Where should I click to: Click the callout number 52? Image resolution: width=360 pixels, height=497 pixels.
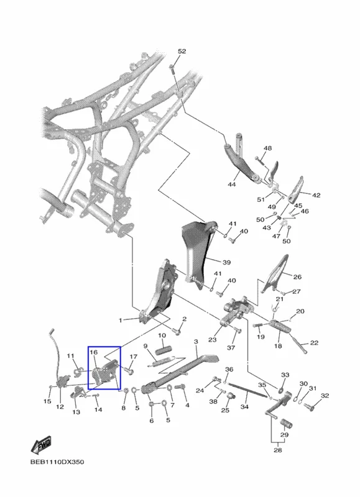pos(182,52)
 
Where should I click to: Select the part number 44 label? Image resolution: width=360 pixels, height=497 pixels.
pos(232,184)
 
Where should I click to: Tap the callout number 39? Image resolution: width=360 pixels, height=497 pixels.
pos(226,262)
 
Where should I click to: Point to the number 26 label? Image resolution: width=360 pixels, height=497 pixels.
pos(297,276)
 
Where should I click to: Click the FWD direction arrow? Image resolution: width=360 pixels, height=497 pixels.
pos(41,445)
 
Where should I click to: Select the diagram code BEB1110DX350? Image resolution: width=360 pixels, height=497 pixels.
pos(57,462)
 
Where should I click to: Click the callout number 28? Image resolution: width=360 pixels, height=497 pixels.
pos(277,450)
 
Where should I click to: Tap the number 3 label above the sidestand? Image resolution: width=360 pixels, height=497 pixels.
pos(196,342)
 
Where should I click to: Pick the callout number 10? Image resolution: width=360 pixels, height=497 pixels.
pos(162,335)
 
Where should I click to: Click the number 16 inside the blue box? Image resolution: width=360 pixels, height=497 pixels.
pos(94,352)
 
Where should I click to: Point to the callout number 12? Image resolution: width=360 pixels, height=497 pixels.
pos(60,407)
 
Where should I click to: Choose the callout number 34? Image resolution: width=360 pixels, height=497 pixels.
pos(244,407)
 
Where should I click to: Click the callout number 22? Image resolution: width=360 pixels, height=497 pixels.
pos(314,343)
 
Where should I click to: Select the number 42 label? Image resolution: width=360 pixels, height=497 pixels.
pos(316,195)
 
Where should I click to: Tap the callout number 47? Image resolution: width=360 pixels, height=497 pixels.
pos(276,236)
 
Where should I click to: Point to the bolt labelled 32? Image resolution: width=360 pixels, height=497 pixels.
pos(309,406)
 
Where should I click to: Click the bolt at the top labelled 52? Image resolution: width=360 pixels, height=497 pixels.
pos(172,68)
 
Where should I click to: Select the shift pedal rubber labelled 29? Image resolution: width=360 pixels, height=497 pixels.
pos(286,424)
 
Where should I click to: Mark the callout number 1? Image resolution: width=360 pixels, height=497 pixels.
pos(120,321)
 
